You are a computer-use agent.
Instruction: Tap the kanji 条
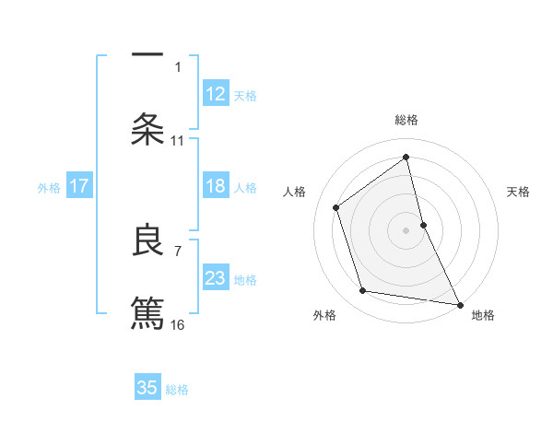[147, 128]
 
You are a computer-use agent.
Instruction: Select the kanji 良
[147, 240]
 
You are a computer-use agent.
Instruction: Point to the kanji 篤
[147, 311]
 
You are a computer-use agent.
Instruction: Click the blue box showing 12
[216, 94]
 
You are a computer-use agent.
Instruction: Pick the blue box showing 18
[216, 187]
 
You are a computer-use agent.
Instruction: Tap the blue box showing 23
[216, 278]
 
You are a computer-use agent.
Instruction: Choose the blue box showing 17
[79, 187]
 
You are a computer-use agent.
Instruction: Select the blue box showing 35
[147, 388]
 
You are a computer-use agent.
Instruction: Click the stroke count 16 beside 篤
[178, 324]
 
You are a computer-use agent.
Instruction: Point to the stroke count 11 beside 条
[178, 141]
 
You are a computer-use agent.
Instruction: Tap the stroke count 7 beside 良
[178, 250]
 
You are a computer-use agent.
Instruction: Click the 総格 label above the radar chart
[406, 120]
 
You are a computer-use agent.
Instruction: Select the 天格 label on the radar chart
[519, 192]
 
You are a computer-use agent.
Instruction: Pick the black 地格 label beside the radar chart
[483, 315]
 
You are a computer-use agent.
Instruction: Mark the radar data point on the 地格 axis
[459, 303]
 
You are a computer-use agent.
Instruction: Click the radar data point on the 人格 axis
[336, 207]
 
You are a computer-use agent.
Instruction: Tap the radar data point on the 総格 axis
[406, 157]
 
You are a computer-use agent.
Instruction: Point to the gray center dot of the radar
[406, 229]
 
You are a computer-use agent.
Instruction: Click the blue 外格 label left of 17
[49, 188]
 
